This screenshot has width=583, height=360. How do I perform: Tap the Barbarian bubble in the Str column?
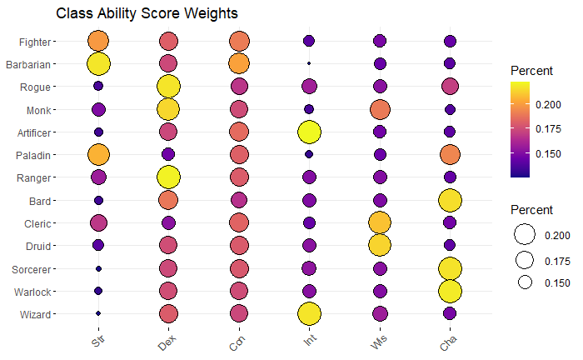[x=98, y=63]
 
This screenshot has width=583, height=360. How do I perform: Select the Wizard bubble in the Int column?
[x=309, y=313]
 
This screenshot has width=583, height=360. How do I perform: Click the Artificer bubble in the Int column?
[x=309, y=132]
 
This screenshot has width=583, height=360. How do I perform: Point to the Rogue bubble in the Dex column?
[x=169, y=86]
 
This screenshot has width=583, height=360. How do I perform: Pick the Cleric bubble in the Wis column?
[x=380, y=222]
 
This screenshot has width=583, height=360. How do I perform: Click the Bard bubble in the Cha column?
[x=451, y=200]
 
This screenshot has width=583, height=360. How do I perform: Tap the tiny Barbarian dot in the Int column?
[x=309, y=63]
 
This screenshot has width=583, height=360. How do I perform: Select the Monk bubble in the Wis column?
[x=380, y=109]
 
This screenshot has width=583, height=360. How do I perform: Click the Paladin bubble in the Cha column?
[x=451, y=154]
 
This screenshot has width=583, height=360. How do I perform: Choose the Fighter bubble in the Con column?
[x=239, y=41]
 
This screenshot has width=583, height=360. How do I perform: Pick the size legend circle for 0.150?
[x=525, y=282]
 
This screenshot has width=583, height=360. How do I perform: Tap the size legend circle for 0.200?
[x=525, y=236]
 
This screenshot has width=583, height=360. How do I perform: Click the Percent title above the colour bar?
[x=531, y=72]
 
